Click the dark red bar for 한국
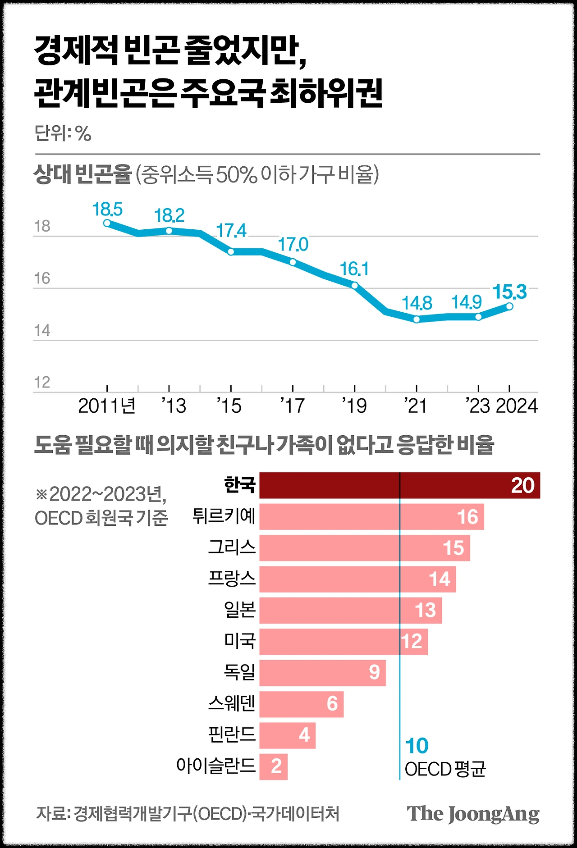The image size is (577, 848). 399,485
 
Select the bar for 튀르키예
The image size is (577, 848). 371,516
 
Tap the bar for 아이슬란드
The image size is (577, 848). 273,766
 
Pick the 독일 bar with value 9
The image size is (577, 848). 322,673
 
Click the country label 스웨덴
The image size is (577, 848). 232,703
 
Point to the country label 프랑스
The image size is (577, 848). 232,579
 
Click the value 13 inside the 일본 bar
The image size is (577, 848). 425,611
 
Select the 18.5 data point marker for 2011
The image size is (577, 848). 107,223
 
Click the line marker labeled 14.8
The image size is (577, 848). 417,319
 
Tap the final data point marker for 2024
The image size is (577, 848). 509,306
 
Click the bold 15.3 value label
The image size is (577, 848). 509,292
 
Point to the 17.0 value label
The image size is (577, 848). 293,245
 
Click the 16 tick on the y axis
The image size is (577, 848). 42,278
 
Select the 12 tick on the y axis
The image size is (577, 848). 42,383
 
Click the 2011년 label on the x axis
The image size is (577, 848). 107,406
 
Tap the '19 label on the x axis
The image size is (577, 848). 354,406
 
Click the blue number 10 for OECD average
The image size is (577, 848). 417,746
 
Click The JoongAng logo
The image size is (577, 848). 473,814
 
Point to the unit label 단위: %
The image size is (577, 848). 63,134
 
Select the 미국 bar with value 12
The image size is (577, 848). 343,642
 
